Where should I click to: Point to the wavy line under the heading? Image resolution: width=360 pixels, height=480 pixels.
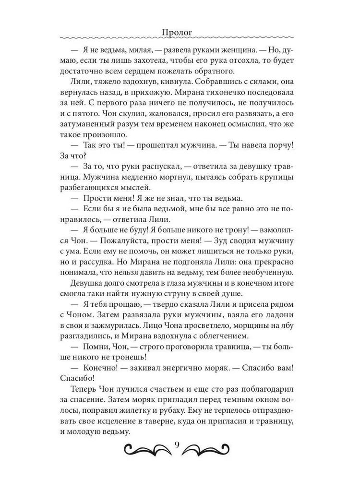[x=180, y=40]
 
